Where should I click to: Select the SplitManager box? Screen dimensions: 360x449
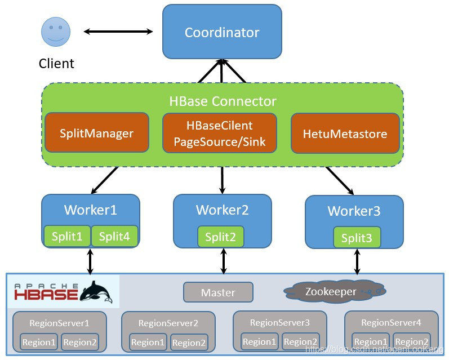coord(97,133)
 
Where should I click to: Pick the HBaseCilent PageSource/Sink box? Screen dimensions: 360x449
coord(220,133)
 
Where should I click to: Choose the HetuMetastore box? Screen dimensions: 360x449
coord(345,134)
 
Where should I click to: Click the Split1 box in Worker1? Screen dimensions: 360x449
coord(67,237)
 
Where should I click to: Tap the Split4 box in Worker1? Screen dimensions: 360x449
coord(114,237)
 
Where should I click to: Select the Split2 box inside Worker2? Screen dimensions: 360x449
coord(221,237)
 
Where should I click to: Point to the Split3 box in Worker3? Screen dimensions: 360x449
coord(357,238)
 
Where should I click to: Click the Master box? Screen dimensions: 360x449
coord(218,292)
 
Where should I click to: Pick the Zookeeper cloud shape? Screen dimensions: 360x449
coord(331,292)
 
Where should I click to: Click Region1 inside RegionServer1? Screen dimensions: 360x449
coord(38,342)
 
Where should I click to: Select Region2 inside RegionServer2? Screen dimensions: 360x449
coord(189,343)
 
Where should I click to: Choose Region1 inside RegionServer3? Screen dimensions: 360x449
coord(259,341)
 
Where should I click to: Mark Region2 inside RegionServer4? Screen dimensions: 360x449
coord(412,341)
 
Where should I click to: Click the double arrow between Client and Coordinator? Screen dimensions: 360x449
coord(118,31)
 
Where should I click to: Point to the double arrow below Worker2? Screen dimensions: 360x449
coord(224,261)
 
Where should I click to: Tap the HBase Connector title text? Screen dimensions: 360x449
coord(223,101)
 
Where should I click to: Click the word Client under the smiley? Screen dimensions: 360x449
coord(56,63)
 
